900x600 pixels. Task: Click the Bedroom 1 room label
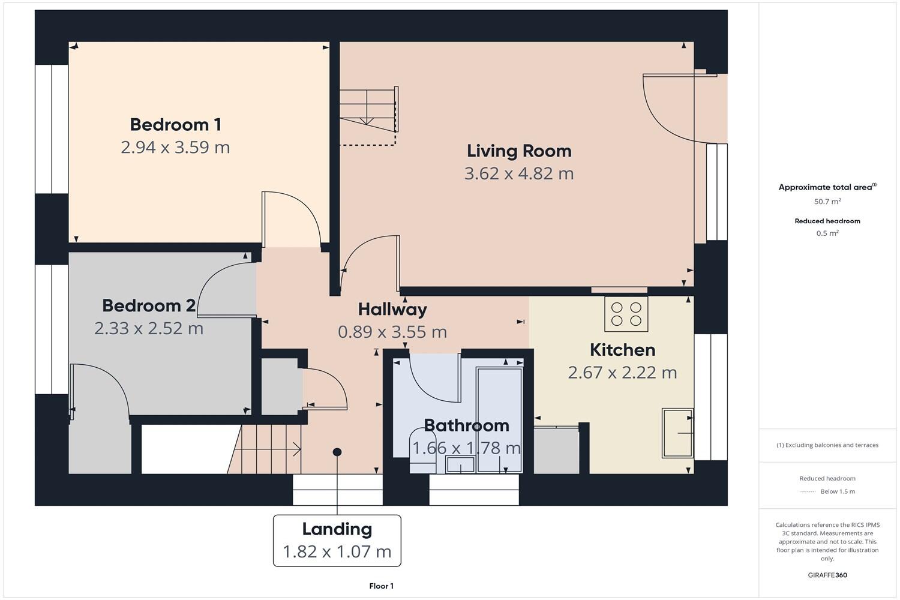175,125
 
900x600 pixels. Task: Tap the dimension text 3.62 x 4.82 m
518,173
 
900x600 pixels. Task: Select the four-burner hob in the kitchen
626,314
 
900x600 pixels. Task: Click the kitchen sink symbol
677,433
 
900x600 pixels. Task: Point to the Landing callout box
337,540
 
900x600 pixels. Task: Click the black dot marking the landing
337,452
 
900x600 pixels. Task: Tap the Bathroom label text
466,425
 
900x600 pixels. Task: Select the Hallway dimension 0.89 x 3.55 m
392,332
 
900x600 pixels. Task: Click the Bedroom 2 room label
148,306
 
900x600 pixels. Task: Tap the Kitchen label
622,350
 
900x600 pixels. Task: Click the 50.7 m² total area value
827,202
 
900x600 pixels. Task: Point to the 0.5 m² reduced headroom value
827,233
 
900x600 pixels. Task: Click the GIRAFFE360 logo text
827,575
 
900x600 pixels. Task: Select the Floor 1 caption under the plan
381,586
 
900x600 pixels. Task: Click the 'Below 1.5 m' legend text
837,491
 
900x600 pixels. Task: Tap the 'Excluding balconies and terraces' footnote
827,445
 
